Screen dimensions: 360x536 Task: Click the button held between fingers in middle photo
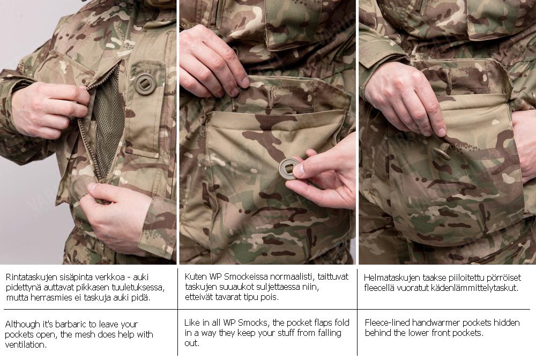pos(287,169)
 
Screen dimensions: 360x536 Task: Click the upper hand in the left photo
pos(46,107)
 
